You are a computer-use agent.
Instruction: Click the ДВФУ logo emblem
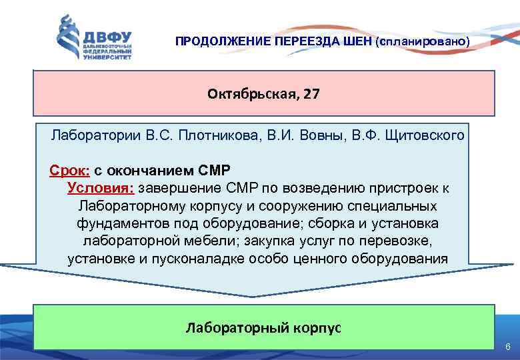click(x=68, y=37)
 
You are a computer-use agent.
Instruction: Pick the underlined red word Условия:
click(x=100, y=187)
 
